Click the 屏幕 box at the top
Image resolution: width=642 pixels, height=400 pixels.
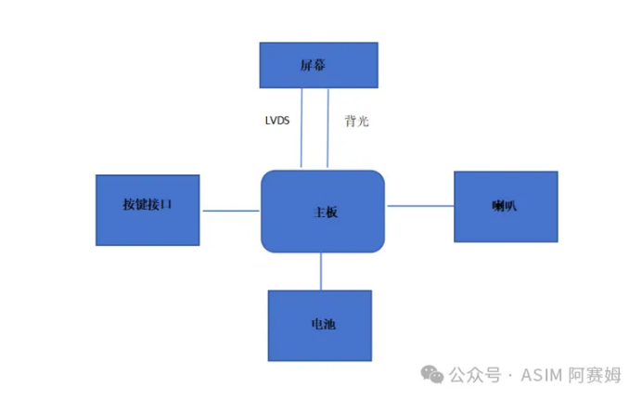[x=318, y=65]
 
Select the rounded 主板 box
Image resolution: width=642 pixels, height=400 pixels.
[x=323, y=212]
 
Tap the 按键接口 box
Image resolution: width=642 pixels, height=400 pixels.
[x=148, y=209]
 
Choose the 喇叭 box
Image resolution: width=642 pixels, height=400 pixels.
[x=506, y=206]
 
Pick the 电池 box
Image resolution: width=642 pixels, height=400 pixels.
[x=320, y=326]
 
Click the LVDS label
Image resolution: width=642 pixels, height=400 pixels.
[x=277, y=121]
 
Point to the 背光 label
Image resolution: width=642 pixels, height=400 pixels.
[x=356, y=121]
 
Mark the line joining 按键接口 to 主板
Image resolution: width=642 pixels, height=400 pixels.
[x=230, y=211]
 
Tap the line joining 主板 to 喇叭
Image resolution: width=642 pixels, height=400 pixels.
[x=419, y=205]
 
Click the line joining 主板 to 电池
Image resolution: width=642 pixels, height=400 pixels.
[x=321, y=271]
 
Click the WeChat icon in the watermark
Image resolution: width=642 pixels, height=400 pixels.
[x=431, y=374]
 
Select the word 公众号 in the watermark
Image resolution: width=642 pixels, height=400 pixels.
[x=475, y=375]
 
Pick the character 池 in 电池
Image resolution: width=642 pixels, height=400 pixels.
[x=329, y=326]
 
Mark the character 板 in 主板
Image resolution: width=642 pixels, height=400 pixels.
[x=331, y=212]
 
